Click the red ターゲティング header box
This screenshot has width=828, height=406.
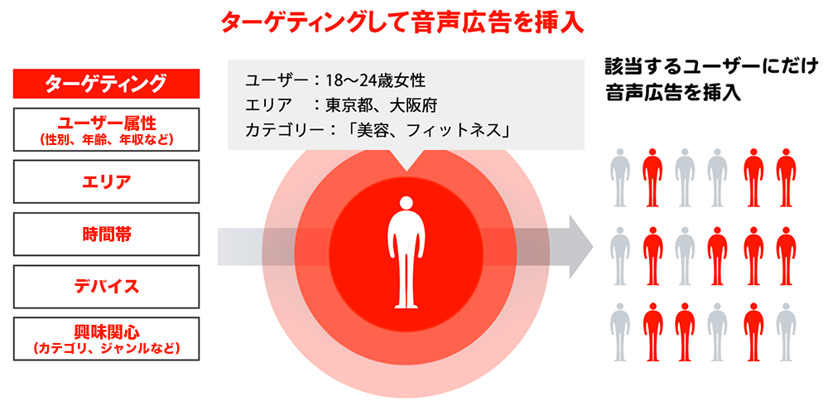[x=107, y=84]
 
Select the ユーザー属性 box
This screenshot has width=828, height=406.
[x=107, y=129]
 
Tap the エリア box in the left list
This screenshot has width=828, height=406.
[x=107, y=181]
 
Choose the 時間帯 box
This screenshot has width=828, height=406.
[x=107, y=234]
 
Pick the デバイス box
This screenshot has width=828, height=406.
[x=107, y=287]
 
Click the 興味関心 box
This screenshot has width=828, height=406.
[x=107, y=338]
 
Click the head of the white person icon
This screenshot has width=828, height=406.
[x=406, y=203]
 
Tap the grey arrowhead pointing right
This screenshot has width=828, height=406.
[x=580, y=246]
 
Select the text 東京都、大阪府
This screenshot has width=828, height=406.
[x=381, y=105]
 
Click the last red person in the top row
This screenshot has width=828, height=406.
[x=783, y=176]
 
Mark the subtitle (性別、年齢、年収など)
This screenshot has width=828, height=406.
[x=107, y=139]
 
